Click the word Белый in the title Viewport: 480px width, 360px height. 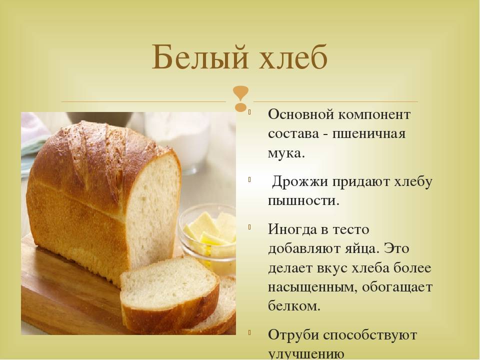[x=199, y=57]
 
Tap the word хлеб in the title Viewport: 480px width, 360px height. [x=293, y=56]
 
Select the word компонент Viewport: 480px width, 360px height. [x=374, y=115]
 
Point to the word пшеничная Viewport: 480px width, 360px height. [x=369, y=134]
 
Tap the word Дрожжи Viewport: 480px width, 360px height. [x=300, y=182]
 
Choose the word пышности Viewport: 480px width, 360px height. [x=303, y=201]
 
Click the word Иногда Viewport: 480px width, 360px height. [x=290, y=229]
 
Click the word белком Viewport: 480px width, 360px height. [x=294, y=305]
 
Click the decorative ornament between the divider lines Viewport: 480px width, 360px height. [x=240, y=98]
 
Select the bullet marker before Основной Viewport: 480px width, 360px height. [x=249, y=111]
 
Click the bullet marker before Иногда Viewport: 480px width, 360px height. [x=249, y=227]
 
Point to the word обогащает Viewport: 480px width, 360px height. [x=397, y=287]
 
